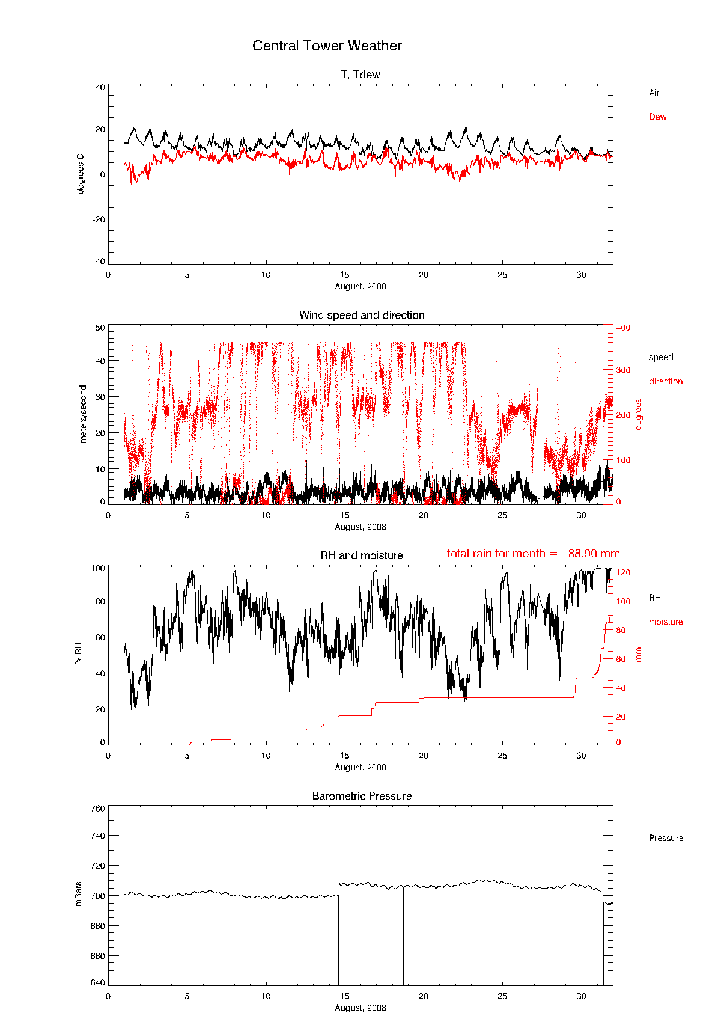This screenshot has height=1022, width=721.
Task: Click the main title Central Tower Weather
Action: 327,46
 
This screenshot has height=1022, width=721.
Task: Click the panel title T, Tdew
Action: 360,75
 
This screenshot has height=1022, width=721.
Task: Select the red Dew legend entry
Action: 657,117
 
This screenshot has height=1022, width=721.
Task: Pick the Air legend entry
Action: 654,93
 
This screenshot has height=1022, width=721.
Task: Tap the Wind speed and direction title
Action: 362,315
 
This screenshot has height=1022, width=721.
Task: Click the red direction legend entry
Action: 666,381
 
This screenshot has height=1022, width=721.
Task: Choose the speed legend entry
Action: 661,357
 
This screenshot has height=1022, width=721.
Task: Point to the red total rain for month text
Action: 533,554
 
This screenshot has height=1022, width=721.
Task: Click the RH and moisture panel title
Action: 362,555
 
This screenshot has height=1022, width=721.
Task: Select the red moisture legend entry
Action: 666,622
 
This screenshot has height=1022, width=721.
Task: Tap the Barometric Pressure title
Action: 362,796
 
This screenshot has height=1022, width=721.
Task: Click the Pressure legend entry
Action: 666,838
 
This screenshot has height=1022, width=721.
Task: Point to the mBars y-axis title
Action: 79,894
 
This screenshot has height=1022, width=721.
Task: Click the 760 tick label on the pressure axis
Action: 98,809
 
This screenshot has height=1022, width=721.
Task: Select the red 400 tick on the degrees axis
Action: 623,328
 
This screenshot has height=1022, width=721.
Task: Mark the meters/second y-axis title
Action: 84,414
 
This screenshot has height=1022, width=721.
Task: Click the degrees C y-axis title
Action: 81,174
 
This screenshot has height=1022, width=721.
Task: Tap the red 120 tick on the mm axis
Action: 623,573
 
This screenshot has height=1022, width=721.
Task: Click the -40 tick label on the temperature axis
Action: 99,261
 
